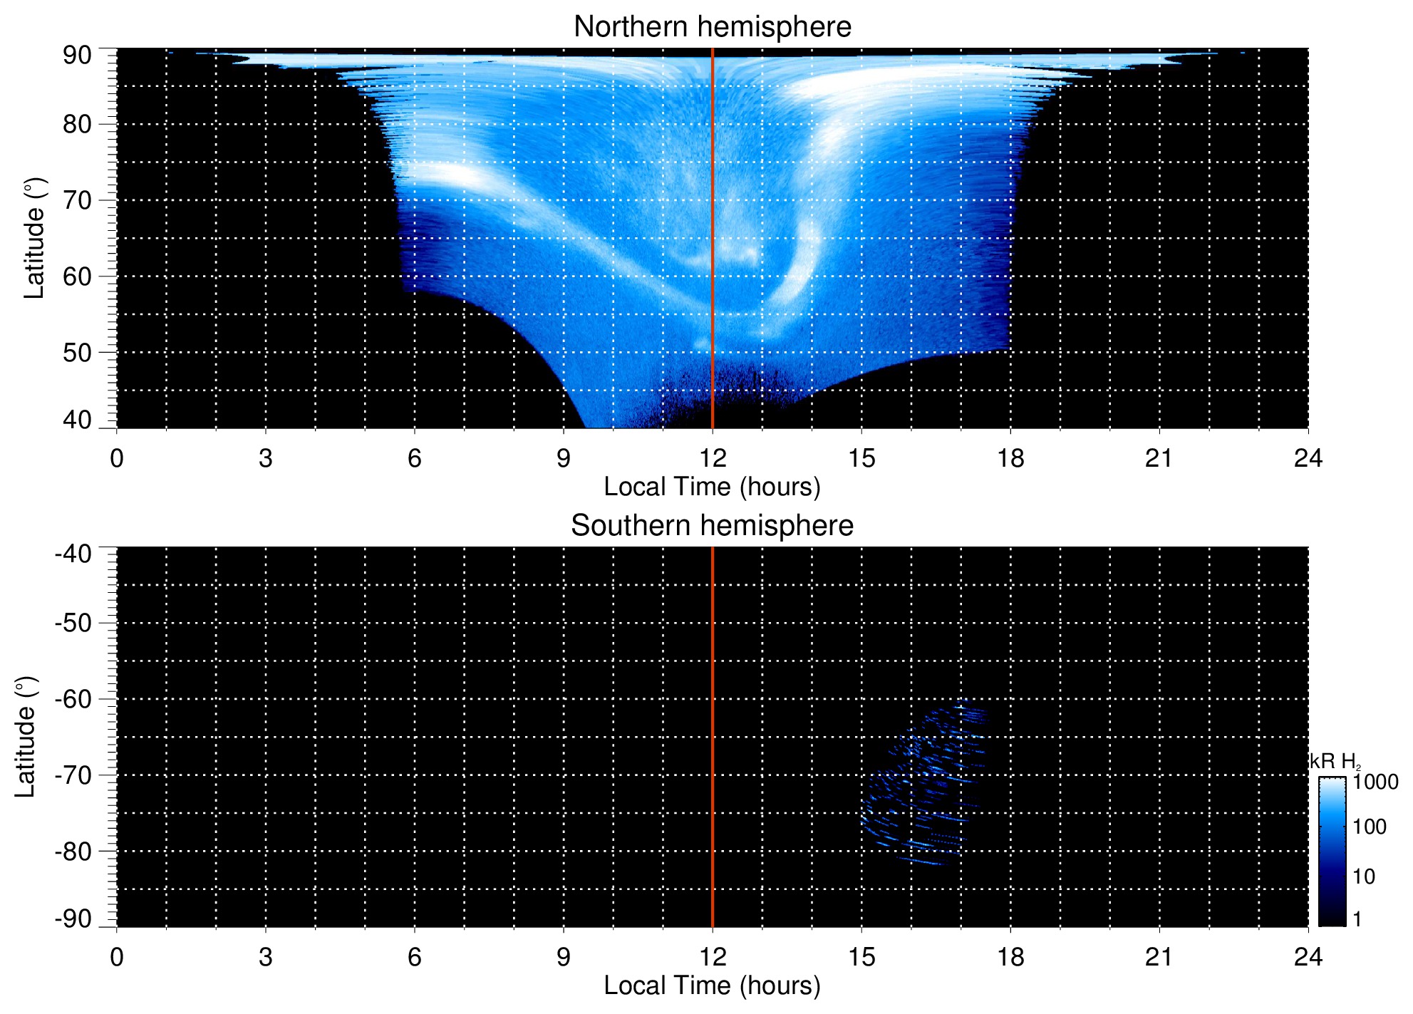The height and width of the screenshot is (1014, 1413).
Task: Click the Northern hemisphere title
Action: (x=712, y=27)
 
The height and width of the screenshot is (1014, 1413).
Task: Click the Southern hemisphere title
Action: (x=712, y=526)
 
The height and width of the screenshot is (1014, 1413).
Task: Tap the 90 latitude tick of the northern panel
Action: (x=77, y=55)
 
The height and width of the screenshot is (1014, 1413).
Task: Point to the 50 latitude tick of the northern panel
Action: (x=77, y=352)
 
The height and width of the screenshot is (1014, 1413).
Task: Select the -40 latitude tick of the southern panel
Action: (x=73, y=554)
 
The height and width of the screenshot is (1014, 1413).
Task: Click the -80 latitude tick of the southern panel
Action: (x=73, y=851)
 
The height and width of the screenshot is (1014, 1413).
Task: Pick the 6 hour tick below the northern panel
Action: (x=415, y=458)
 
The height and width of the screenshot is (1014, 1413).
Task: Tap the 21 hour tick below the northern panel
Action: (x=1159, y=458)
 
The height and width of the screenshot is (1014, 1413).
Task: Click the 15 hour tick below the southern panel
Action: (x=861, y=957)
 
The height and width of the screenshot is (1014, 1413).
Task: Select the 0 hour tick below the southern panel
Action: (x=117, y=957)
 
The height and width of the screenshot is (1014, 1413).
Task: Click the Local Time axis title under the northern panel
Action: (x=712, y=487)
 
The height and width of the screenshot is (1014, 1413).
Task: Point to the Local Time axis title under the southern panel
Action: (x=712, y=985)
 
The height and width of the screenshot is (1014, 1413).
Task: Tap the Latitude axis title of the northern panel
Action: (x=34, y=238)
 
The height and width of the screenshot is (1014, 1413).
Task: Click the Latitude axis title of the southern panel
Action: (x=26, y=737)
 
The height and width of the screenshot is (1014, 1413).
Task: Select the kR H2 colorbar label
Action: (x=1335, y=762)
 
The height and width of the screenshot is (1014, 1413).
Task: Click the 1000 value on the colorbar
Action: (x=1375, y=782)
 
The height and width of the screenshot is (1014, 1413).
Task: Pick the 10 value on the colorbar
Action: (x=1364, y=876)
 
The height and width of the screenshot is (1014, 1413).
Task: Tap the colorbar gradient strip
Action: (x=1332, y=852)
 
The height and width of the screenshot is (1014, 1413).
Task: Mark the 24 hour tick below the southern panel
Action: (x=1308, y=957)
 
